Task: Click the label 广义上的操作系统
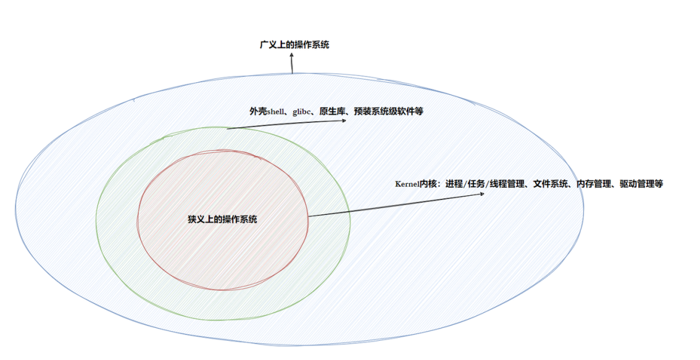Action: click(x=294, y=44)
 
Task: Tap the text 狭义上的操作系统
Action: click(x=222, y=219)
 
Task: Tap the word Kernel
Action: click(x=407, y=184)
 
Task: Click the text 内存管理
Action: click(x=594, y=184)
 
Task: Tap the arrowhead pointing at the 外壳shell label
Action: click(x=344, y=120)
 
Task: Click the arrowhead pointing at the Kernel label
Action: click(x=481, y=195)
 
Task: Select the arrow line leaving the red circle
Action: click(x=395, y=206)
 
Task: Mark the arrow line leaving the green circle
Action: click(x=284, y=125)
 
